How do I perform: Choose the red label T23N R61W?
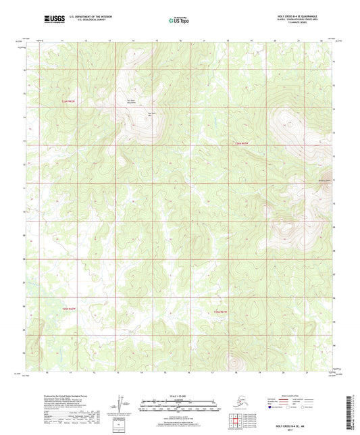[x=221, y=312]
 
